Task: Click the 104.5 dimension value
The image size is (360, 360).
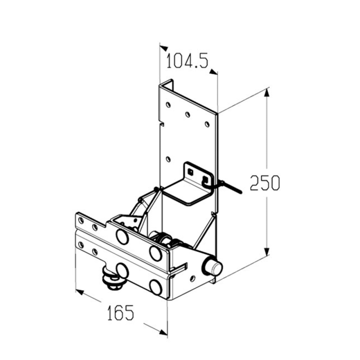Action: pos(187,61)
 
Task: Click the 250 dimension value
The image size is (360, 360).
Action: pos(265,183)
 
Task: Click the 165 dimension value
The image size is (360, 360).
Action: pos(120,312)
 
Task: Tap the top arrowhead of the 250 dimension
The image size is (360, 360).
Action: pos(266,93)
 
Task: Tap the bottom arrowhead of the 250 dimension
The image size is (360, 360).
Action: pos(267,251)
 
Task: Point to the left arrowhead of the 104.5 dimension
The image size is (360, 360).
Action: pos(164,48)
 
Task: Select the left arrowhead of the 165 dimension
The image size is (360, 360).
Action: pos(80,292)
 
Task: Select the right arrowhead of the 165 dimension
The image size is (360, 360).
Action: pos(163,332)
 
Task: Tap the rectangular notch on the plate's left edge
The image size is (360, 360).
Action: pos(162,124)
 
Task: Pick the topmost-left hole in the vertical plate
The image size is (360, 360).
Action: pos(168,105)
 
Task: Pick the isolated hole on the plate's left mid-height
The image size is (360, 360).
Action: pos(168,159)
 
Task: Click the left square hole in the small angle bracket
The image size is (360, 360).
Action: pos(190,171)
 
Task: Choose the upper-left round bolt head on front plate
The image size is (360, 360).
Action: pos(122,235)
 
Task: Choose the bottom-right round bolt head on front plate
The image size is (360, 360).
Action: pos(155,287)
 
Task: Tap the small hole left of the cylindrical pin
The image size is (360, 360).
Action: pos(193,278)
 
